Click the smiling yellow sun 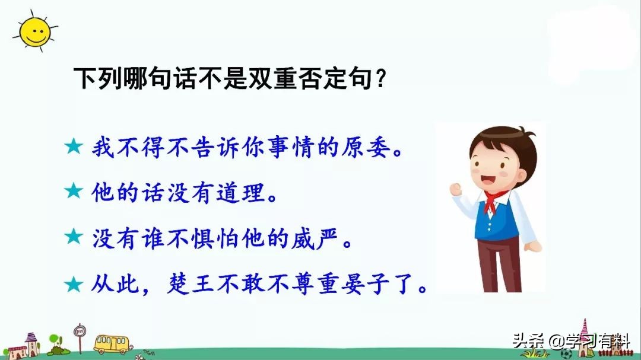pos(35,31)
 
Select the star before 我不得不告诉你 pos(74,146)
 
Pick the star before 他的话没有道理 pos(74,190)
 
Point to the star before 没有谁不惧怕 pos(74,236)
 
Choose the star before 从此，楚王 pos(74,284)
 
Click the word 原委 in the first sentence pos(366,147)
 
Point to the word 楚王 pos(191,283)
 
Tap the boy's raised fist pos(455,190)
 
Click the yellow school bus pos(112,344)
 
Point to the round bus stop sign pos(80,330)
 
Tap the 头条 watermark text pos(528,340)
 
